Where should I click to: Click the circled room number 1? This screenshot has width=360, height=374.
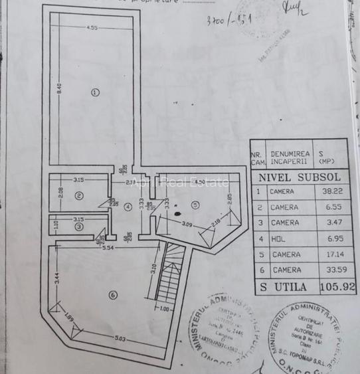click(x=95, y=92)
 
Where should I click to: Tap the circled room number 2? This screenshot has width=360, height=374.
click(x=78, y=195)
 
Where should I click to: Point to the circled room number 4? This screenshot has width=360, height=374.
click(x=128, y=206)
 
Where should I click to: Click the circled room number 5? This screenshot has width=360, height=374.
click(x=196, y=204)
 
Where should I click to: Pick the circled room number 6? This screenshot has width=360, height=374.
click(x=113, y=295)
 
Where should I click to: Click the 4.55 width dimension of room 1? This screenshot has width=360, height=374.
click(x=92, y=28)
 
